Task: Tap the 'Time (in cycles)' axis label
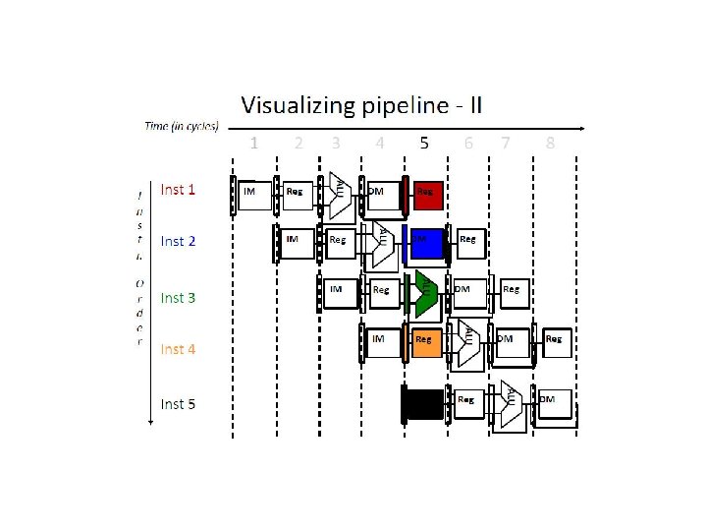click(182, 126)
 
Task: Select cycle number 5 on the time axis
click(424, 143)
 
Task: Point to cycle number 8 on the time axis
click(550, 143)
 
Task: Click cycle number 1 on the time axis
click(254, 143)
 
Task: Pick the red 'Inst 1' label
click(178, 190)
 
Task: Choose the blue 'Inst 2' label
click(178, 241)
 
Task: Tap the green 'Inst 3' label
click(178, 297)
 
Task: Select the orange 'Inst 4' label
click(178, 349)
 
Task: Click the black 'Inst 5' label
click(178, 403)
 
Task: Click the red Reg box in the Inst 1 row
click(429, 195)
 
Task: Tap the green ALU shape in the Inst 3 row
click(425, 293)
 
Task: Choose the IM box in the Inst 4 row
click(383, 342)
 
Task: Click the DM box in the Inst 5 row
click(553, 403)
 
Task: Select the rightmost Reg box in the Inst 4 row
click(556, 342)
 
